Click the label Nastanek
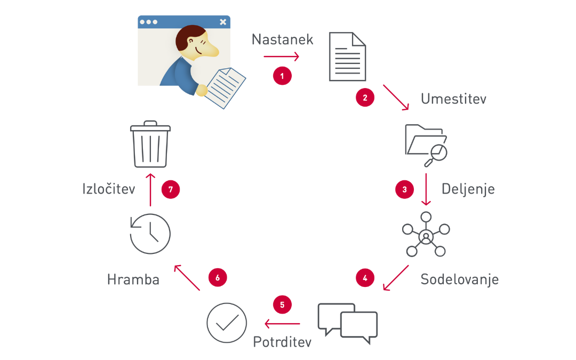click(282, 40)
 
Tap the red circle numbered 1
click(282, 75)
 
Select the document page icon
click(347, 57)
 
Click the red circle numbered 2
click(365, 98)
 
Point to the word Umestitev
click(453, 99)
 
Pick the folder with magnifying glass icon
click(426, 143)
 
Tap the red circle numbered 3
click(404, 189)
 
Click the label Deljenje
click(468, 189)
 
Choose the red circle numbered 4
click(365, 278)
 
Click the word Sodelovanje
click(459, 279)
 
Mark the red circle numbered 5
click(282, 305)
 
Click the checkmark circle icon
click(227, 323)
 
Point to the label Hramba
click(133, 279)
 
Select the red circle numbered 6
click(218, 277)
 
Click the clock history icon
click(150, 233)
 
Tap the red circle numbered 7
click(171, 189)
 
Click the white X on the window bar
click(223, 22)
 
